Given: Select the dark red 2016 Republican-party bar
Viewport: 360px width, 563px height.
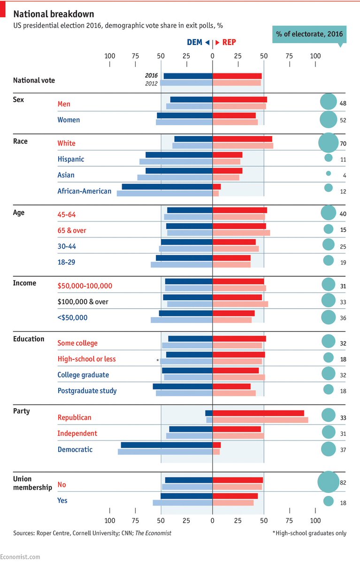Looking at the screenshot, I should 258,413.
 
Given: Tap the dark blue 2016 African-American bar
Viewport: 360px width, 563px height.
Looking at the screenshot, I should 167,187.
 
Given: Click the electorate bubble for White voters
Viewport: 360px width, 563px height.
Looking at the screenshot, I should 328,143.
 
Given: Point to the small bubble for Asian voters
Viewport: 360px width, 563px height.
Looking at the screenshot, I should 329,174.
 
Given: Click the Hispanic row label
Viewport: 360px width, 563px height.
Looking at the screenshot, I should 71,159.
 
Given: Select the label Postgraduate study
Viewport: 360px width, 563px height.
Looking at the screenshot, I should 87,390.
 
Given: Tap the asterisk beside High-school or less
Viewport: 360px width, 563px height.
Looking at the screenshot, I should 158,360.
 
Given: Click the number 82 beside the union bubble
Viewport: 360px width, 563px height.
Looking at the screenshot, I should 343,483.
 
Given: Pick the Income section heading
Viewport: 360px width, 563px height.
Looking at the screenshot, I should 25,283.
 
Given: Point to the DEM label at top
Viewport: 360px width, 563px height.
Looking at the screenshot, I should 194,42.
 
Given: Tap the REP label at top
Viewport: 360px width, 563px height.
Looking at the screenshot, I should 229,42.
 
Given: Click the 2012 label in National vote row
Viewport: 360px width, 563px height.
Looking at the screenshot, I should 151,84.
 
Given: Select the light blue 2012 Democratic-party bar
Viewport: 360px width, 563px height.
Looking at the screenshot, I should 165,452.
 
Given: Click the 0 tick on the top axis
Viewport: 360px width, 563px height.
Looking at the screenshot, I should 213,56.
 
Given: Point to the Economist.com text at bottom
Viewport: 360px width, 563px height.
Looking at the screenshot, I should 20,556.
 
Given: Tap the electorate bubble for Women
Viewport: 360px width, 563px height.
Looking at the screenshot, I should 328,120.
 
